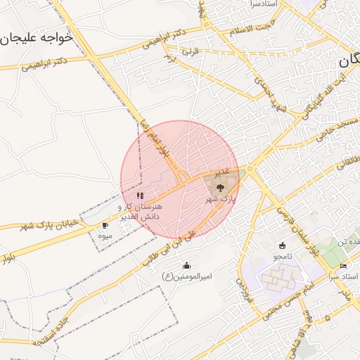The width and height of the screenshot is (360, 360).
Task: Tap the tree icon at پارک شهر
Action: (x=220, y=188)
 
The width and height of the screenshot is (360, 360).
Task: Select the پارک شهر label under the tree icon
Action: (x=221, y=200)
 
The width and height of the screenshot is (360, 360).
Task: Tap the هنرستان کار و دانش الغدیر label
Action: (x=140, y=212)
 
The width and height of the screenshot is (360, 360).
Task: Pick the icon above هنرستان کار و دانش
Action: (x=140, y=195)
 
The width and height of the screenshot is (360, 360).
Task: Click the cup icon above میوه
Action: (x=105, y=226)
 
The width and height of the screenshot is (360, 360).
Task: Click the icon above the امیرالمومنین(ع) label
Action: (x=187, y=266)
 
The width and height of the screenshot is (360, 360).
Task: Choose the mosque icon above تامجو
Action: (x=283, y=245)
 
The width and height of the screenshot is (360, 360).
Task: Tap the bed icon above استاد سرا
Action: (x=344, y=265)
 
